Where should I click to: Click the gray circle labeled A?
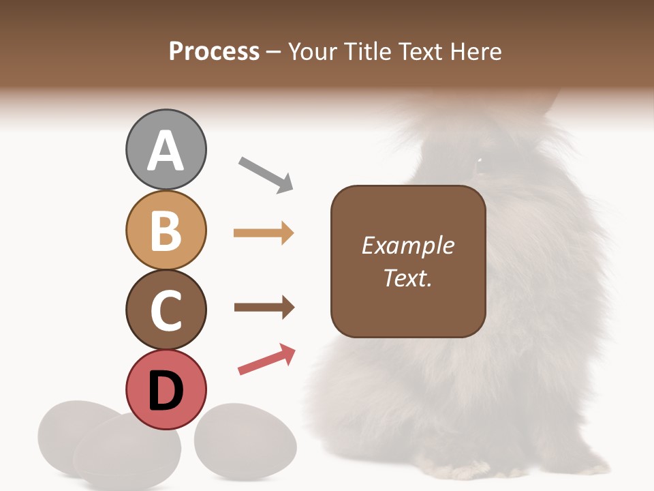tap(166, 149)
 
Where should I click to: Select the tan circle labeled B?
tap(166, 230)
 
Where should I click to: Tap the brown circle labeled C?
tap(166, 310)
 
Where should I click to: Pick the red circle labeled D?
tap(166, 389)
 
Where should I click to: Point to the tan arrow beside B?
tap(264, 233)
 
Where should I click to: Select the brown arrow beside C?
tap(264, 308)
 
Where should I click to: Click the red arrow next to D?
tap(267, 359)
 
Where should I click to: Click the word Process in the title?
tap(214, 51)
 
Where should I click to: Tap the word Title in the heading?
tap(369, 51)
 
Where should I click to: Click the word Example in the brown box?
tap(407, 245)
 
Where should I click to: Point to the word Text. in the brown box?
tap(407, 278)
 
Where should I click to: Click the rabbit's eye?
tap(478, 162)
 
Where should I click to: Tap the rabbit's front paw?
tap(470, 471)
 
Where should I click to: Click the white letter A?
tap(166, 151)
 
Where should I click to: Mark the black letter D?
tap(166, 391)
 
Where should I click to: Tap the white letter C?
tap(166, 311)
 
